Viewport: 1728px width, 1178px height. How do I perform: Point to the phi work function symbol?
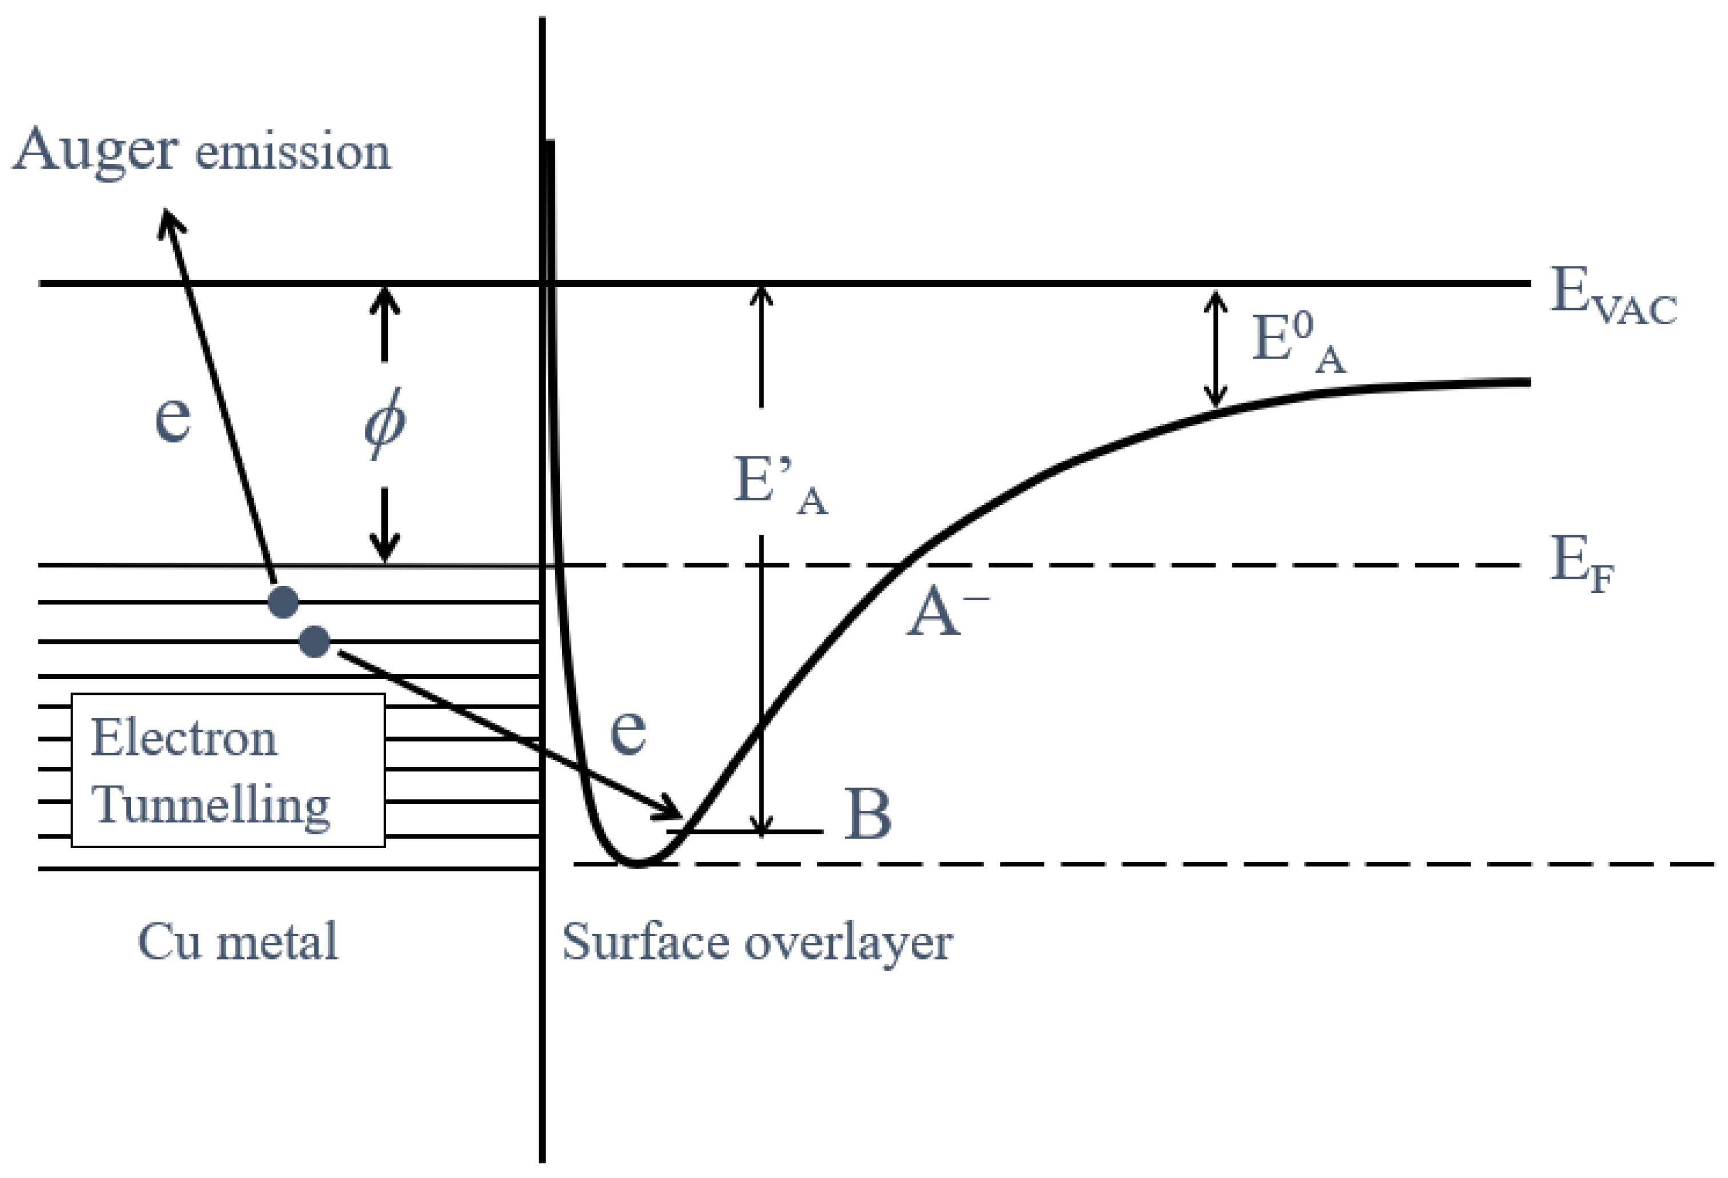tap(384, 423)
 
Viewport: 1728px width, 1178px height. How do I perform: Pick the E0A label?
tap(1298, 341)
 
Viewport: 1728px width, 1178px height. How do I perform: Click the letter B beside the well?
tap(868, 814)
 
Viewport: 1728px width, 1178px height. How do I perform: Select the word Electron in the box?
tap(184, 738)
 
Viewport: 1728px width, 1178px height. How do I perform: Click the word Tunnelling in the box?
tap(210, 805)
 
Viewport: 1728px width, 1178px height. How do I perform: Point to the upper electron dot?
tap(283, 602)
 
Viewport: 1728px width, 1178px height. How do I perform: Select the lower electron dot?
tap(314, 641)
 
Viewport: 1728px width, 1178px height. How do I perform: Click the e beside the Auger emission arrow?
tap(173, 418)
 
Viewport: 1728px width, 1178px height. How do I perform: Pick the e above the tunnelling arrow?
tap(627, 730)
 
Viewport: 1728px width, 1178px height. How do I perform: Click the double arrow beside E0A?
tap(1216, 348)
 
